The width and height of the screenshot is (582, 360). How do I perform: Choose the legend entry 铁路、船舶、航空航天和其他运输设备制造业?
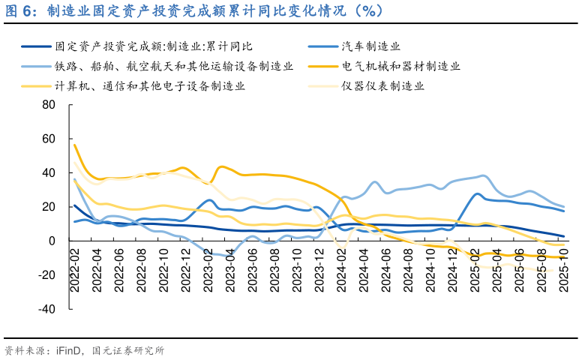(173, 66)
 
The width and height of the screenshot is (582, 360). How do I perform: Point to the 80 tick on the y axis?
(49, 104)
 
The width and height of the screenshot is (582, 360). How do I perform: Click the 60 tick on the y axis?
(49, 139)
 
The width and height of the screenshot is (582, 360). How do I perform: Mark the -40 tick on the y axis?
(46, 309)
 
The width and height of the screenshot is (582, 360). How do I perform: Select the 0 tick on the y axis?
(52, 241)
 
